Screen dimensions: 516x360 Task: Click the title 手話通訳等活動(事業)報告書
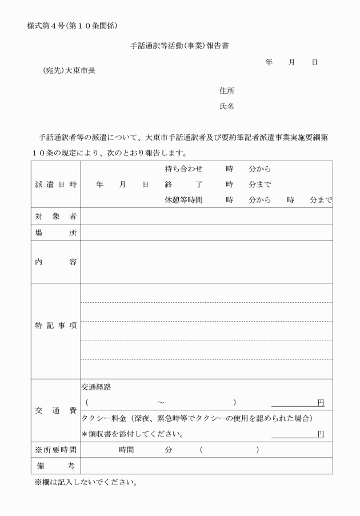[179, 46]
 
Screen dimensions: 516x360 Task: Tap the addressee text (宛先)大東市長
[69, 71]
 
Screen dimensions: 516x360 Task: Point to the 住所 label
[227, 91]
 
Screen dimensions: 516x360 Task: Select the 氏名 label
[227, 107]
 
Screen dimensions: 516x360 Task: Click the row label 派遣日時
[55, 185]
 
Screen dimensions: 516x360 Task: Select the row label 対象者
[55, 217]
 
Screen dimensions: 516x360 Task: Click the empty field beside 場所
[206, 233]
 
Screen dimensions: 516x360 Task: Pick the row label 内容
[55, 262]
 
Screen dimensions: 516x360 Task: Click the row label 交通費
[55, 410]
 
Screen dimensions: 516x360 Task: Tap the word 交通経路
[97, 387]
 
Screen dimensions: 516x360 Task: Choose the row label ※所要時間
[55, 450]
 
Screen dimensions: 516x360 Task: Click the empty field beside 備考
[206, 466]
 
